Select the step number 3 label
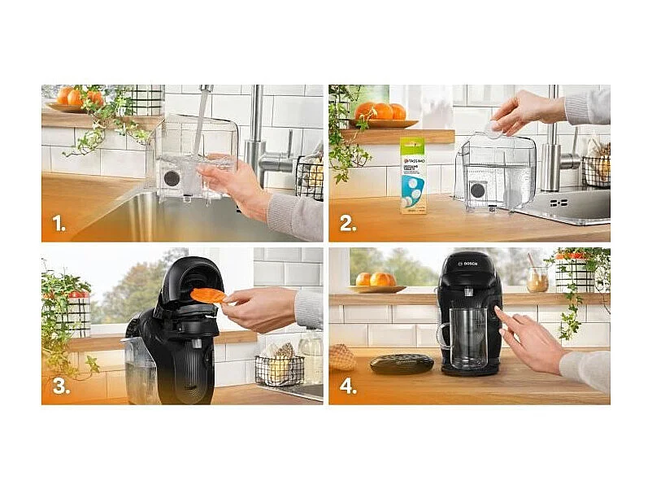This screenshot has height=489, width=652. pos(60,386)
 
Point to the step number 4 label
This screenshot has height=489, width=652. pos(348,386)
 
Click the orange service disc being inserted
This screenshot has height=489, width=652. pos(207,295)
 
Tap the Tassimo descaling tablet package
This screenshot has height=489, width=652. pos(412,174)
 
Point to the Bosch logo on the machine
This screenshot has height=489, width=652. pos(472,263)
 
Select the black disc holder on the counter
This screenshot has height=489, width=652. pos(402,363)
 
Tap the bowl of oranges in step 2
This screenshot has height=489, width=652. pos(379,115)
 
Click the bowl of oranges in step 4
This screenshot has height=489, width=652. pos(376,282)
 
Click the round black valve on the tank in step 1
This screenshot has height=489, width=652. pos(172,177)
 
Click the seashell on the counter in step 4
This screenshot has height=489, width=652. pos(342,356)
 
